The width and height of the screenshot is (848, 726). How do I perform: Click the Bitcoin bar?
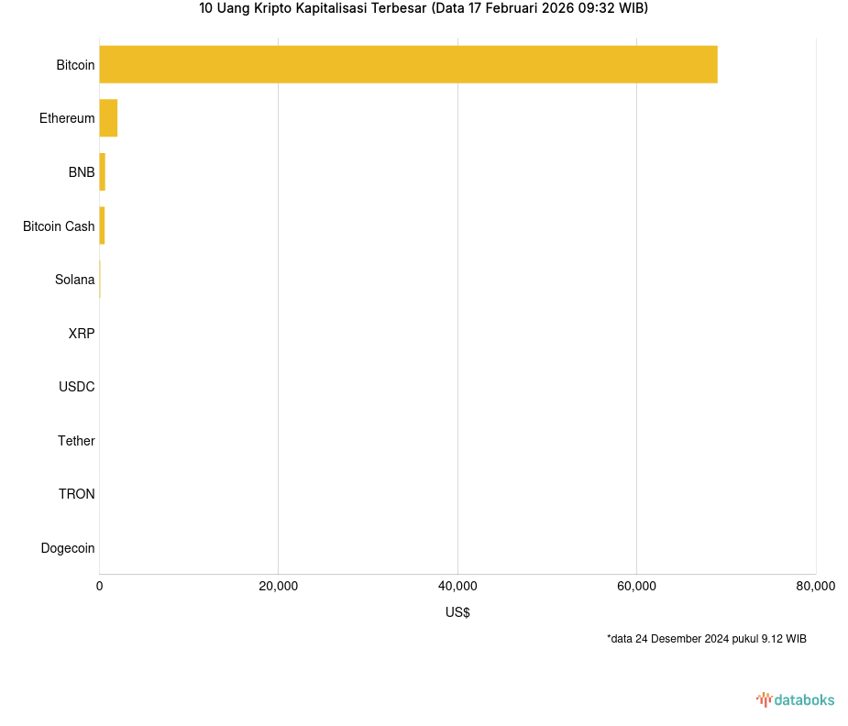408,64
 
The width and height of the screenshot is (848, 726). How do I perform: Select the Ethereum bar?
108,118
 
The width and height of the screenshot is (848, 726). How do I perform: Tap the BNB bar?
102,172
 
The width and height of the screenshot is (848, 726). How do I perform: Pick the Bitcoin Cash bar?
102,225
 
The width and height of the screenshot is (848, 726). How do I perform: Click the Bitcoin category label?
75,65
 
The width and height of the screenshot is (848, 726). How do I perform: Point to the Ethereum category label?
67,118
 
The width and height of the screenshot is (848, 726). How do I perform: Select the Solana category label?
74,280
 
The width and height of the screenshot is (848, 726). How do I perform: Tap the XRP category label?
81,334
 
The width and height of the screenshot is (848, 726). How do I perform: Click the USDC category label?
76,387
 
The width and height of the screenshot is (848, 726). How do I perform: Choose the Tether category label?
76,441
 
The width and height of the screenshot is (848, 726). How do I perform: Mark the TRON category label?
76,494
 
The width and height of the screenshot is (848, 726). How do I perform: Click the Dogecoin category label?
68,548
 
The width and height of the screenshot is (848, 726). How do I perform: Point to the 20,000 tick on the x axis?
279,587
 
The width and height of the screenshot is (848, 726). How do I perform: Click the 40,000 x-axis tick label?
457,587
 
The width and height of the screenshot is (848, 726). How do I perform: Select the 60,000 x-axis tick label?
636,587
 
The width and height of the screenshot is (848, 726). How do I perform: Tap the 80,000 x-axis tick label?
815,587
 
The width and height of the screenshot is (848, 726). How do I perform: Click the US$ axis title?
457,612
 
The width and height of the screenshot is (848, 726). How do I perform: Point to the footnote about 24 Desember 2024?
706,639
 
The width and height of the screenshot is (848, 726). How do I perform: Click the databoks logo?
795,700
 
